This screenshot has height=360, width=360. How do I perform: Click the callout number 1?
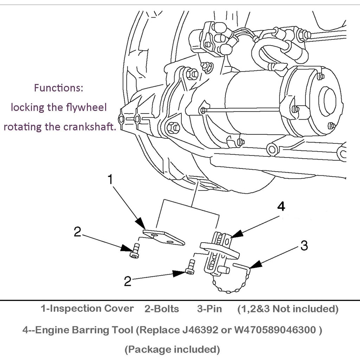pos(110,180)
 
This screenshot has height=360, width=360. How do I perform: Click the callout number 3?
pos(304,245)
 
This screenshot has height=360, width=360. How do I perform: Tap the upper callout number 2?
pos(77,232)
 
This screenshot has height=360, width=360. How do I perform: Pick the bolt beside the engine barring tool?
pos(190,267)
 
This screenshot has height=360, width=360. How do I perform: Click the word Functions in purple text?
pos(58,88)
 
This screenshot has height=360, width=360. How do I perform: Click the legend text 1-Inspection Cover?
pos(87,309)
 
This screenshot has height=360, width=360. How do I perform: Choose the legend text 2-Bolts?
pos(162,309)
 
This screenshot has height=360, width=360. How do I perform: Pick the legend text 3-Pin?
pos(210,309)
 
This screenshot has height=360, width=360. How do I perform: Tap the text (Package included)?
pos(172,349)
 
